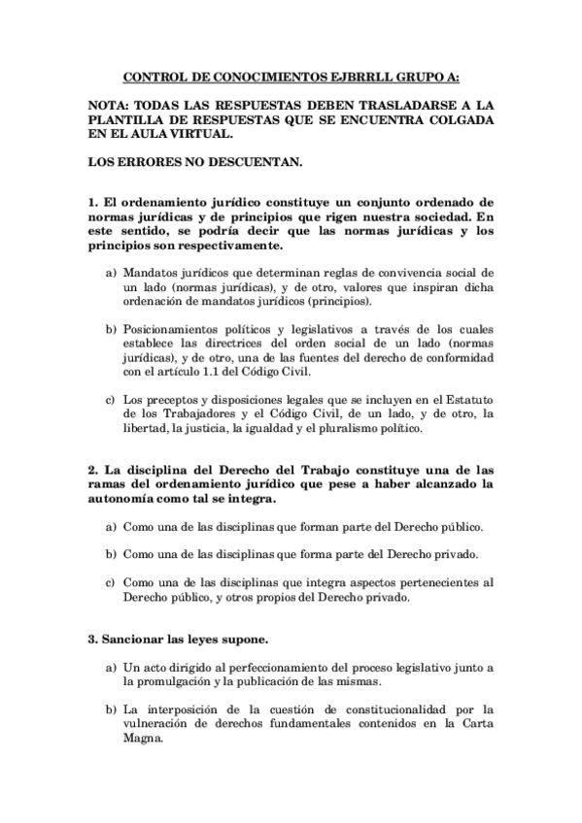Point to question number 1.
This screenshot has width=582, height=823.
[91, 200]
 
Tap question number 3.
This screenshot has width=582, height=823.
[91, 642]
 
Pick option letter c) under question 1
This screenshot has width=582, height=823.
[111, 398]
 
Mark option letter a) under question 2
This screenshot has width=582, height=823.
[111, 527]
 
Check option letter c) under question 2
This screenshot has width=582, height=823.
[111, 582]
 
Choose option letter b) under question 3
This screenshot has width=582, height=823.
[111, 708]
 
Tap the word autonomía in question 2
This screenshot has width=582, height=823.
[126, 499]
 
